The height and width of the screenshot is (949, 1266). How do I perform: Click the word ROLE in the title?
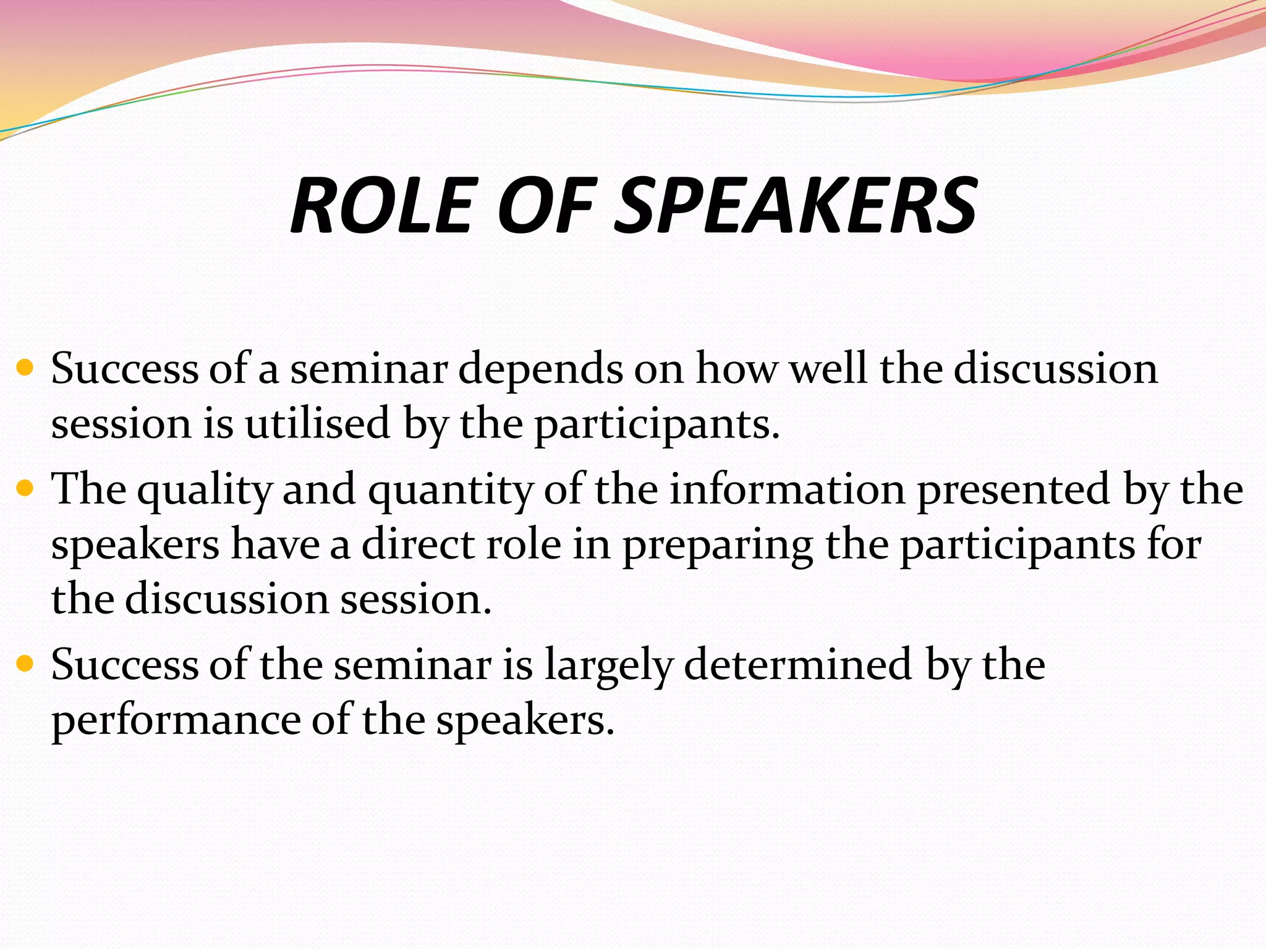(381, 205)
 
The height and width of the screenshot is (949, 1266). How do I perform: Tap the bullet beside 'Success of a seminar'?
(25, 369)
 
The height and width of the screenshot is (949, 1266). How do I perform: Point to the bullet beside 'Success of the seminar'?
(25, 665)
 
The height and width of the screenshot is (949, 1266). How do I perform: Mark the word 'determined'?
(798, 665)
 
